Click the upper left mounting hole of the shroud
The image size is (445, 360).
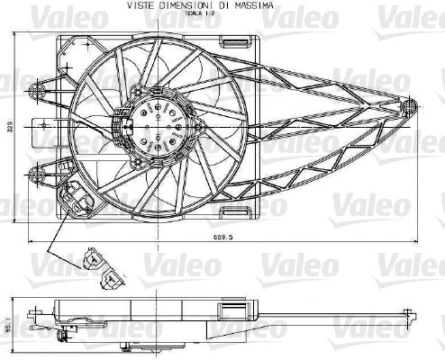pos(39,89)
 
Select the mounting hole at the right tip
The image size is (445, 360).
pos(412,105)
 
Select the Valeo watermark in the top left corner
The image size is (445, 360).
pos(31,13)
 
